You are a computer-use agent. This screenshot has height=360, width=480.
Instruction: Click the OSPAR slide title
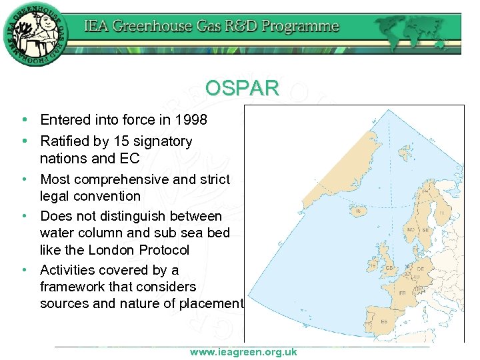[x=242, y=88]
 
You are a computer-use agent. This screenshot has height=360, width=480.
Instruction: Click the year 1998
[x=191, y=120]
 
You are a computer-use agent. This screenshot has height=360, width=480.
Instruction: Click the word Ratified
[x=65, y=141]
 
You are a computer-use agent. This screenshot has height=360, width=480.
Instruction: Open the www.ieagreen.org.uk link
[x=243, y=352]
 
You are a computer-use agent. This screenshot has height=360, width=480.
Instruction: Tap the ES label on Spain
[x=383, y=321]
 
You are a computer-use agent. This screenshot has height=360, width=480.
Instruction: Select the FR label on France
[x=402, y=293]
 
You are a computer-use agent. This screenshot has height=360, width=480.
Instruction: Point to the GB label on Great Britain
[x=389, y=268]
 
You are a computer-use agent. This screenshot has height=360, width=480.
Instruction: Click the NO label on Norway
[x=411, y=229]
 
